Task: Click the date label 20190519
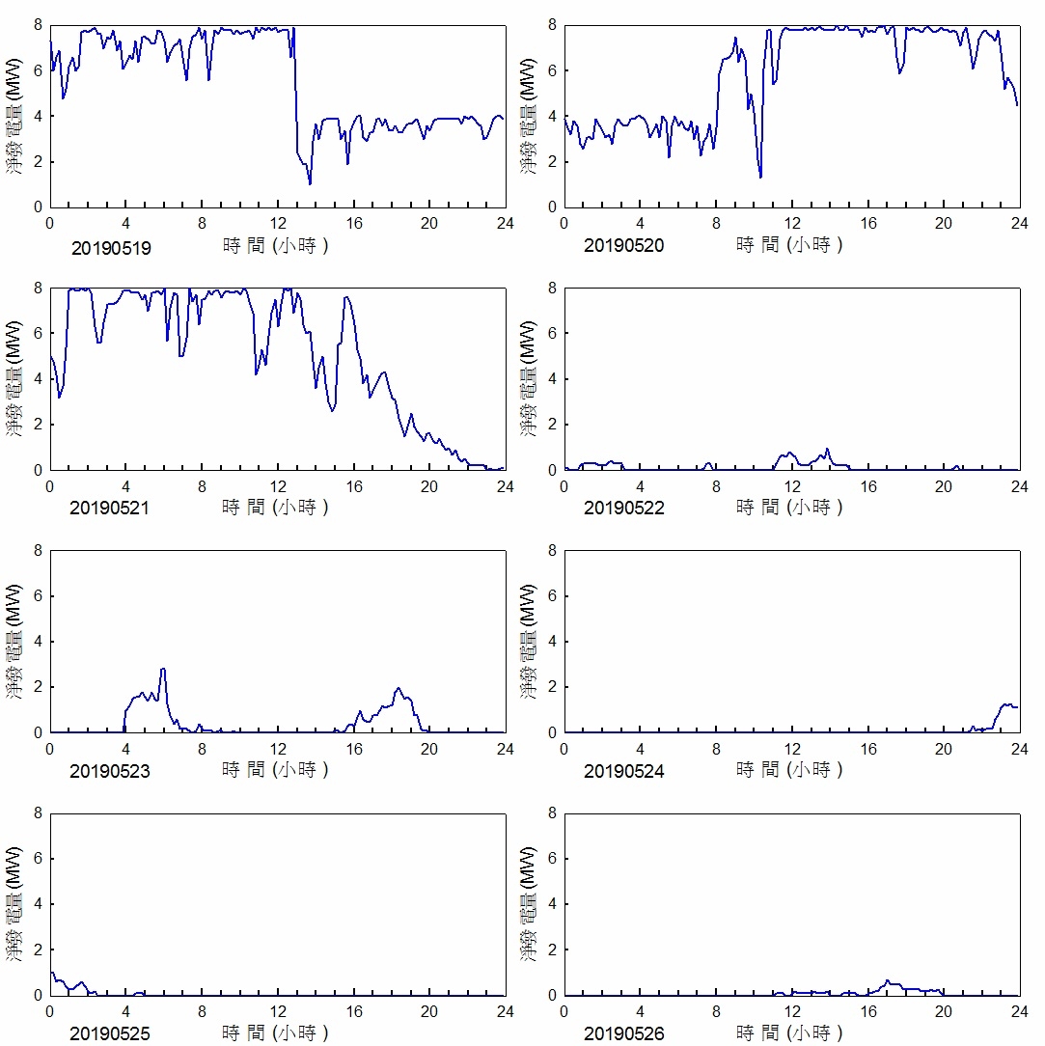click(x=111, y=247)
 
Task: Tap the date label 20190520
click(x=624, y=246)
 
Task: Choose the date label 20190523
click(x=111, y=771)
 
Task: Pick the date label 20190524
click(x=624, y=771)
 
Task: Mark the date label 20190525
click(x=111, y=1034)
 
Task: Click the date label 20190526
click(x=624, y=1034)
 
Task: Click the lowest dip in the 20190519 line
click(x=310, y=183)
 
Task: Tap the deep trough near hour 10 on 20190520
click(x=760, y=178)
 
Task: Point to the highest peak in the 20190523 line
click(x=163, y=669)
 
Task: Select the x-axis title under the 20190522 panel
click(x=789, y=507)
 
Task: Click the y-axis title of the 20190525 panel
click(x=14, y=903)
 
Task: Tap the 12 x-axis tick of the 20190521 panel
click(x=278, y=486)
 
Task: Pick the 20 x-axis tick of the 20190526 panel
click(x=943, y=1011)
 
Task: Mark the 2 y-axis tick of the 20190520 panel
click(x=553, y=162)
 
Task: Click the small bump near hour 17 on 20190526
click(x=888, y=981)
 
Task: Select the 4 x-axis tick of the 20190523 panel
click(x=126, y=749)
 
